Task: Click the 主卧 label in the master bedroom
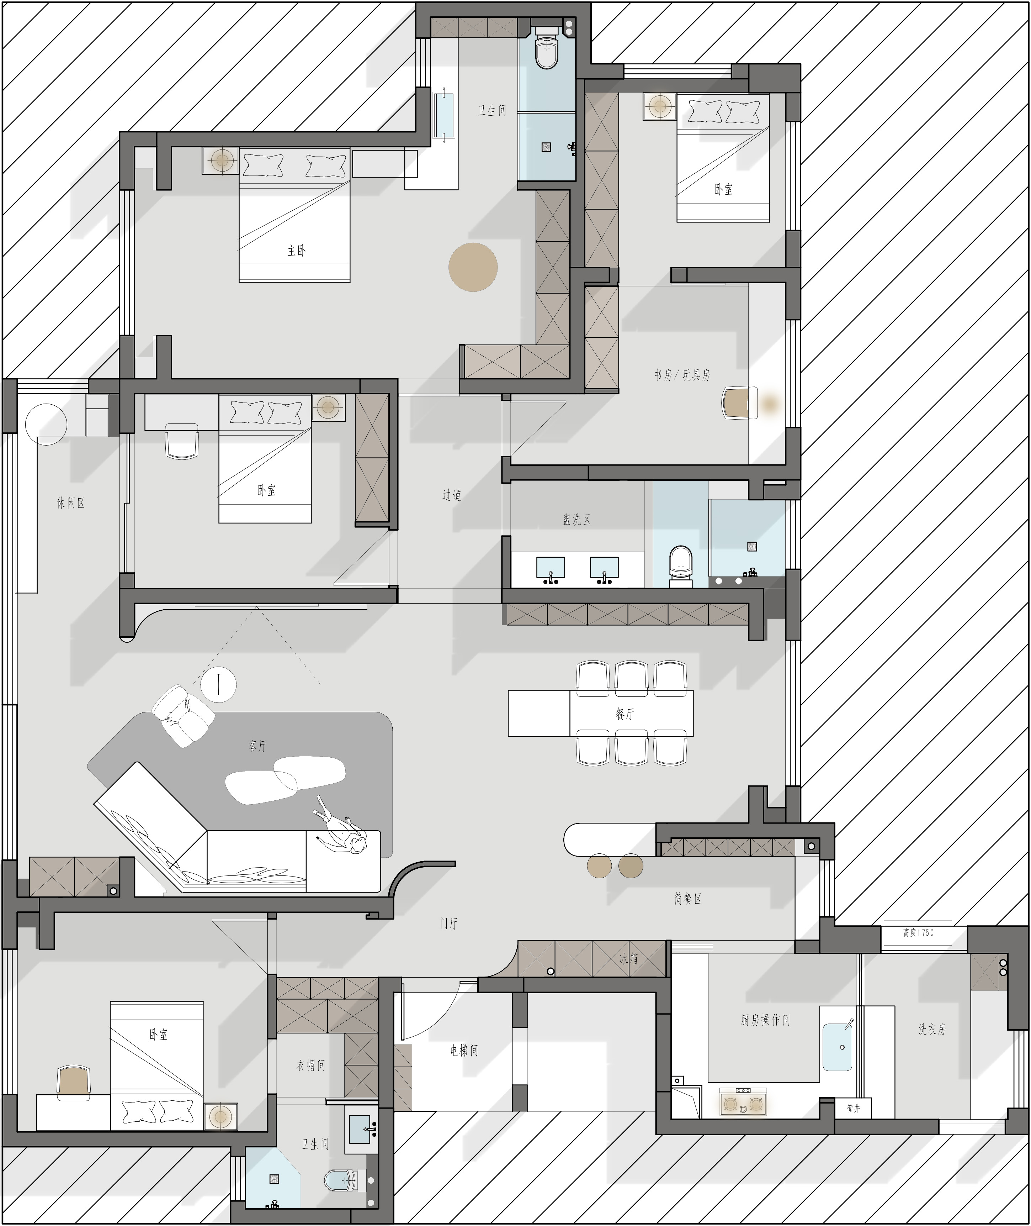click(296, 251)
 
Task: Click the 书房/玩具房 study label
click(682, 375)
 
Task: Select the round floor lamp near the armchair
click(219, 684)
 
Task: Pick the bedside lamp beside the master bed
click(221, 160)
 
